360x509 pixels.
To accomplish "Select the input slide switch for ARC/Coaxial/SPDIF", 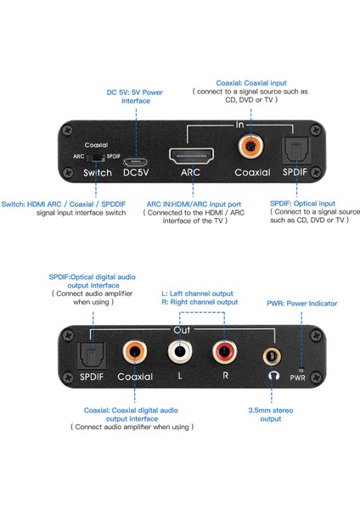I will (x=98, y=156).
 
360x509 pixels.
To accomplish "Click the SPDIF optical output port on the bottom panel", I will (x=91, y=352).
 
